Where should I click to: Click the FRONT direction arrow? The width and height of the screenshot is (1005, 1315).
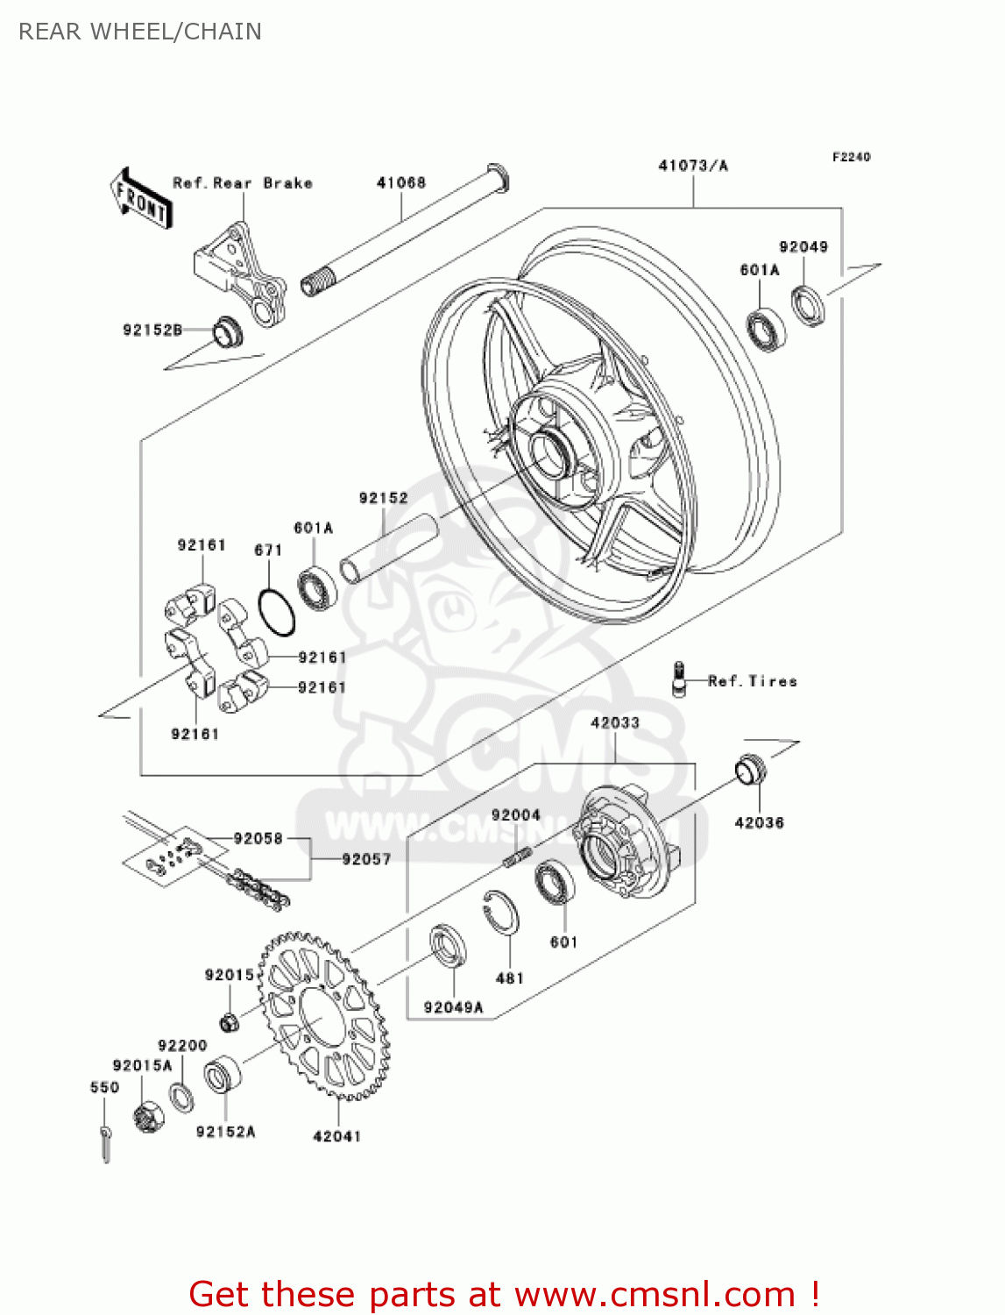click(x=140, y=199)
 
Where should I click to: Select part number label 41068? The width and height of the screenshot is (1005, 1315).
click(x=400, y=182)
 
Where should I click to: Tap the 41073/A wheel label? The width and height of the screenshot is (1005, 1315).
click(x=692, y=165)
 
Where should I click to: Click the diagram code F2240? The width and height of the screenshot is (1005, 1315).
click(x=851, y=157)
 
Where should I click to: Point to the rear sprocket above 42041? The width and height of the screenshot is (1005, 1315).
click(x=324, y=1017)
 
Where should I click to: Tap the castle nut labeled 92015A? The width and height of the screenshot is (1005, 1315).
click(x=149, y=1117)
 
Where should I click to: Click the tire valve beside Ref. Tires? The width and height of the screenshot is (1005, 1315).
click(x=678, y=679)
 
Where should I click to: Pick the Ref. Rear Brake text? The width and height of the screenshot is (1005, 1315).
click(x=243, y=182)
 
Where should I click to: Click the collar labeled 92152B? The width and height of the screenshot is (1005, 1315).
click(x=227, y=331)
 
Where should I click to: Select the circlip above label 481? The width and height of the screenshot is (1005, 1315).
click(x=501, y=915)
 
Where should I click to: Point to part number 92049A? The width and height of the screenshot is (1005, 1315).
click(x=453, y=1007)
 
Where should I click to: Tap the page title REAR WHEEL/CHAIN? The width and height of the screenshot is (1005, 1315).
click(x=140, y=32)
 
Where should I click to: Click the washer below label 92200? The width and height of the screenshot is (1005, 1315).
click(x=181, y=1097)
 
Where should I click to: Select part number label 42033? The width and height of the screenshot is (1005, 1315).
click(x=614, y=722)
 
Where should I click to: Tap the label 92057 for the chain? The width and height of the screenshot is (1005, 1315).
click(x=365, y=859)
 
